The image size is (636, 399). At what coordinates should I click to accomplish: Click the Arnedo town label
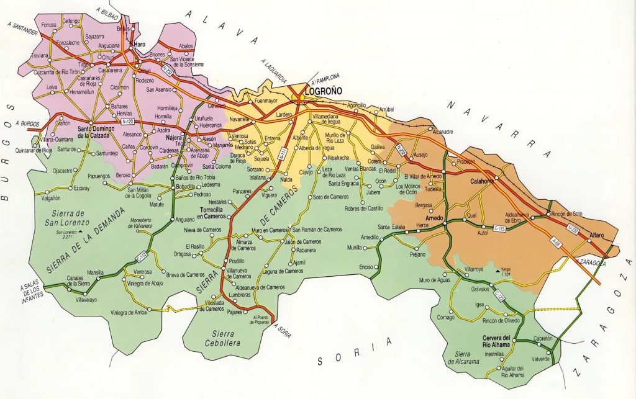pyautogui.click(x=435, y=218)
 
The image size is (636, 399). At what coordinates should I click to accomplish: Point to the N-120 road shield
pyautogui.click(x=113, y=122)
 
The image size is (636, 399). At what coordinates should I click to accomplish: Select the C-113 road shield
pyautogui.click(x=142, y=254)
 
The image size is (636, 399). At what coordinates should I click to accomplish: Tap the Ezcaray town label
pyautogui.click(x=81, y=187)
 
